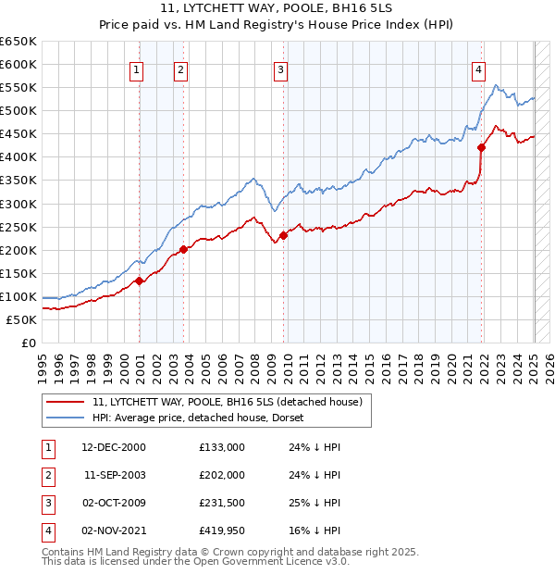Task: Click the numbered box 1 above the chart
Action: coord(136,69)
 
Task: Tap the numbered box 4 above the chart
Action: coord(479,69)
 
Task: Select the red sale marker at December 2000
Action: coord(139,281)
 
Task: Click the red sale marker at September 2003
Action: coord(184,249)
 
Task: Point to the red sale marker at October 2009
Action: coord(283,235)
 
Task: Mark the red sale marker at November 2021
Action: coord(482,147)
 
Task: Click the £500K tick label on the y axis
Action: coord(18,110)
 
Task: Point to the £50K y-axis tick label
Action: coord(22,319)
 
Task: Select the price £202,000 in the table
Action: coord(221,475)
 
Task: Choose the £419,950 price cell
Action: coord(221,530)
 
